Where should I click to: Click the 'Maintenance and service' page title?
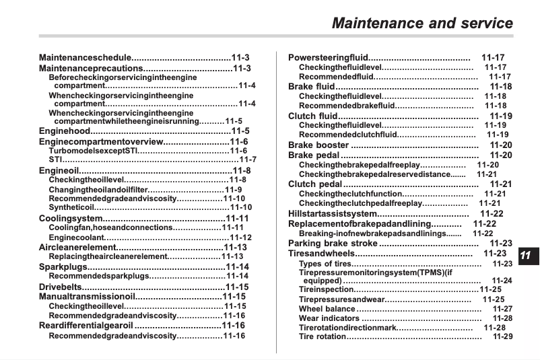click(422, 24)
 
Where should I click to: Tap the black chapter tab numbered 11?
click(525, 255)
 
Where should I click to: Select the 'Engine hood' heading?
click(67, 131)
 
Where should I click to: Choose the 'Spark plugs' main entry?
click(63, 267)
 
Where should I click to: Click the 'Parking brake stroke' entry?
click(333, 243)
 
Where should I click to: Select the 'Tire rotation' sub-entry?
click(323, 336)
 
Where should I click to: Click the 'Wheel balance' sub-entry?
click(327, 309)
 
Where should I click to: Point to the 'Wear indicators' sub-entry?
click(329, 318)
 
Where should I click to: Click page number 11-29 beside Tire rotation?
click(502, 336)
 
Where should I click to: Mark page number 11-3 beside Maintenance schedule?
click(240, 58)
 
